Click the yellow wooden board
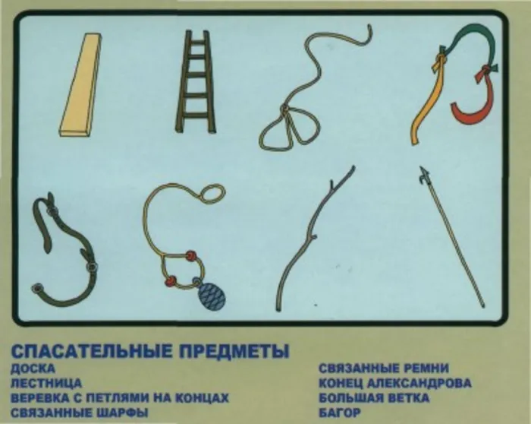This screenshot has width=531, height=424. coord(81,85)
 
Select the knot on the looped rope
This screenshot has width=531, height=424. coord(284,109)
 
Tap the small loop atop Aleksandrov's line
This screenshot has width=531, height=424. coord(212,194)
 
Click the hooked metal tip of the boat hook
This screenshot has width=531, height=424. coord(423,176)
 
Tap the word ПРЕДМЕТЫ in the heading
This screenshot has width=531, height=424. coord(234,351)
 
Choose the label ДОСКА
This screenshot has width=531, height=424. coord(33,369)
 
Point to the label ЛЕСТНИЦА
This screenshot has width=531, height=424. coord(46,384)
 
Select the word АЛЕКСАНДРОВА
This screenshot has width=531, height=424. coord(419,384)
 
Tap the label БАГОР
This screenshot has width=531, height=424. coord(340,413)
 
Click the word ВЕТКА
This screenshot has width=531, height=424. coord(405,398)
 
